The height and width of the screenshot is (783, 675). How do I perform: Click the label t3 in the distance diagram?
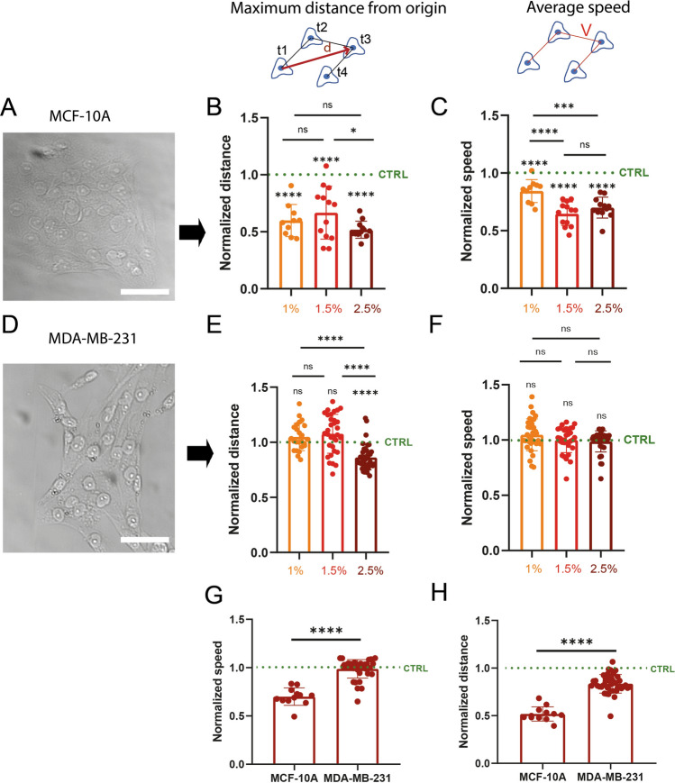click(366, 39)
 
